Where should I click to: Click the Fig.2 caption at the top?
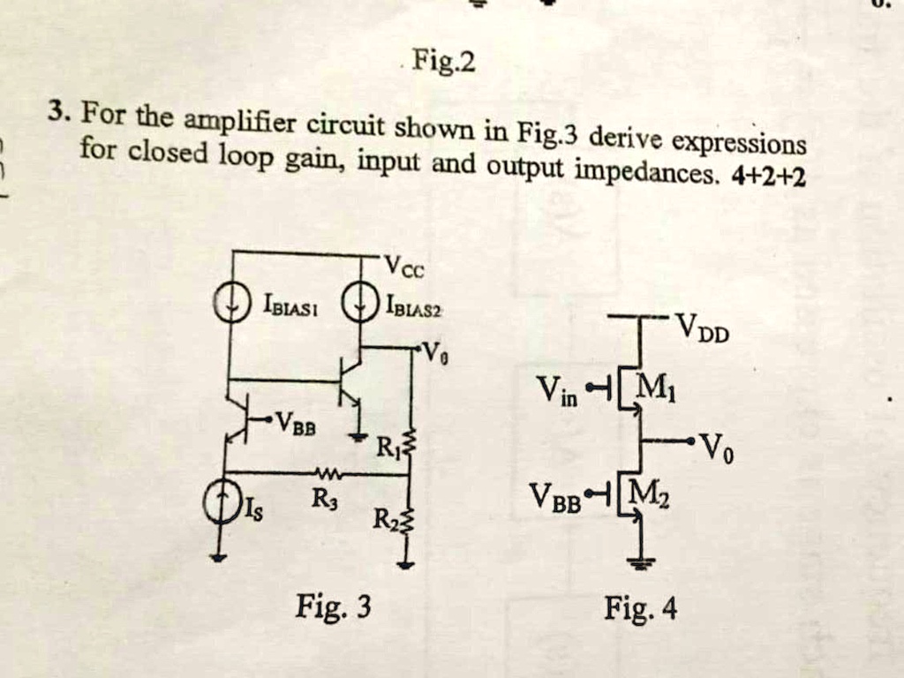(x=448, y=64)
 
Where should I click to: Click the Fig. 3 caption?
(x=334, y=607)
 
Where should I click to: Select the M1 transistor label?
(x=655, y=388)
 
